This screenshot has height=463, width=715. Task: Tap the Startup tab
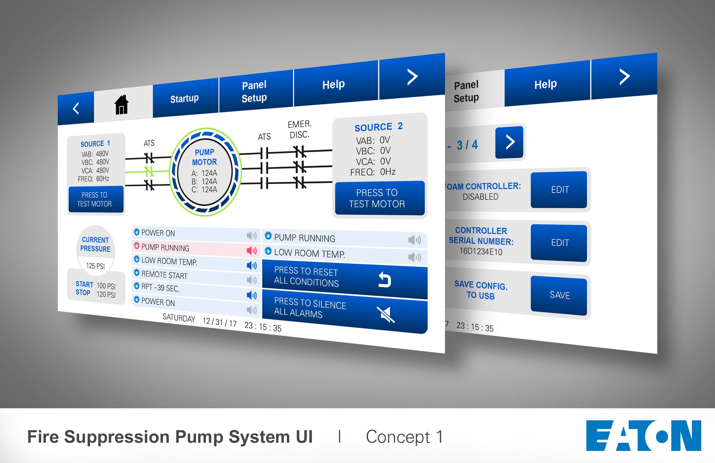[x=184, y=98]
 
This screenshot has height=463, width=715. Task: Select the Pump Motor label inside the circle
[x=204, y=157]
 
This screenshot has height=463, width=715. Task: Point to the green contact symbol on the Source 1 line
[x=149, y=172]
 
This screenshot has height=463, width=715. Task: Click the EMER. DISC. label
[x=299, y=129]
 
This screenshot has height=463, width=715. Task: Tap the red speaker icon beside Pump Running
[x=251, y=250]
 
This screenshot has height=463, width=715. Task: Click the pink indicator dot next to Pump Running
[x=136, y=246]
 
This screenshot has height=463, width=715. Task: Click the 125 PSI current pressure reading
[x=96, y=266]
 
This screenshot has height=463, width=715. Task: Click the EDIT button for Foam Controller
[x=559, y=189]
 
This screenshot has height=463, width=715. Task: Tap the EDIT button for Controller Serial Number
[x=559, y=243]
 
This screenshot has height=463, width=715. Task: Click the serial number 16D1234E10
[x=481, y=251]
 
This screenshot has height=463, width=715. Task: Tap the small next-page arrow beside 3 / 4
[x=510, y=142]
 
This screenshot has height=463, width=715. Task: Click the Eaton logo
[x=643, y=436]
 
